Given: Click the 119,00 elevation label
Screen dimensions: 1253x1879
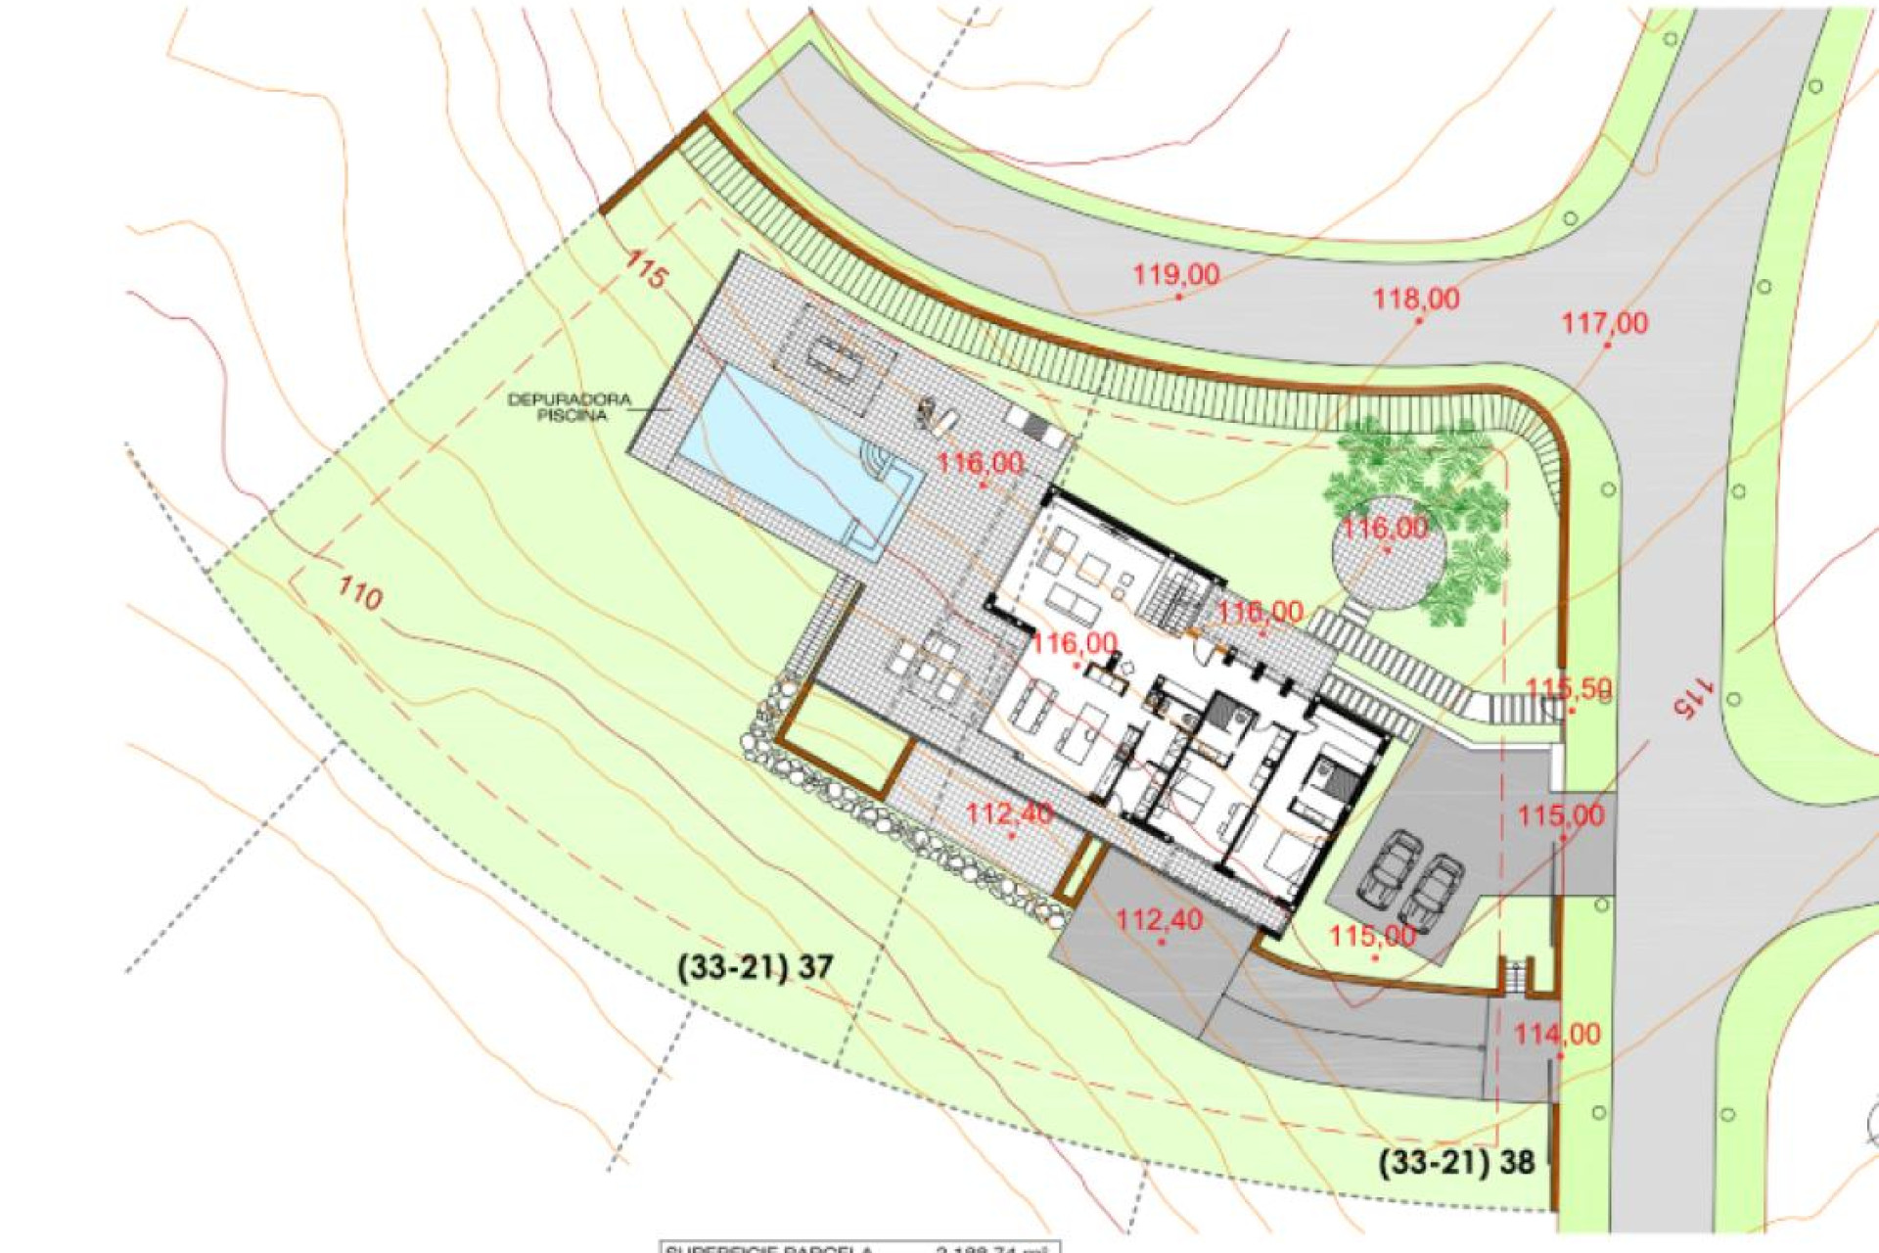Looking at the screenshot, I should (1175, 275).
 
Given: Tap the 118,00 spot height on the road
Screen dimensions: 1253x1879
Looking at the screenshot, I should (1415, 299).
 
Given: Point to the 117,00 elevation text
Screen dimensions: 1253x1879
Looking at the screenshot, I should (1604, 323).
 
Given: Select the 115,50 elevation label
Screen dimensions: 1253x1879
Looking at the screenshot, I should (1568, 688).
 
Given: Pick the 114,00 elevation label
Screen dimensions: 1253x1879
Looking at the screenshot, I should (1557, 1034).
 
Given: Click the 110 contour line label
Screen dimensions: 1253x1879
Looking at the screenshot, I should (359, 593).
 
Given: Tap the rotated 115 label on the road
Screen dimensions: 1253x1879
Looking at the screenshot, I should (1694, 697).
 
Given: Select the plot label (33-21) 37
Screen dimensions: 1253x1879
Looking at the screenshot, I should (755, 967).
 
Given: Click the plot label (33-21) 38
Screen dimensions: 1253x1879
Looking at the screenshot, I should (1456, 1162).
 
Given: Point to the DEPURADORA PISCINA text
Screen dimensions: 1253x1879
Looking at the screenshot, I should (570, 407).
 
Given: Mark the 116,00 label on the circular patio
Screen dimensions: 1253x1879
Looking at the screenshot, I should (1384, 530).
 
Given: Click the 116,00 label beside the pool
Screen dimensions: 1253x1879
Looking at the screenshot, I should (980, 463).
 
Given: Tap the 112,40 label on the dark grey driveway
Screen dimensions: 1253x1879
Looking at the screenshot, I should (1159, 920).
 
